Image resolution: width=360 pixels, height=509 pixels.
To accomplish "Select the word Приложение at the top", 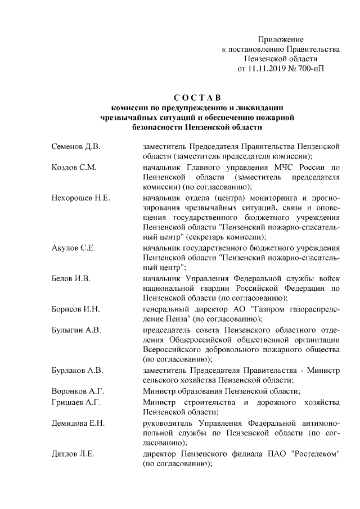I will [281, 39].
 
